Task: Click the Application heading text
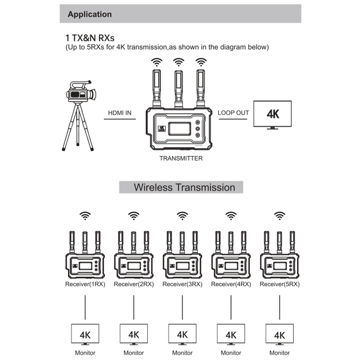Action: [90, 14]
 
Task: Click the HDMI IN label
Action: [120, 113]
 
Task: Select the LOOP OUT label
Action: [233, 113]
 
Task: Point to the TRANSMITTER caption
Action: [181, 159]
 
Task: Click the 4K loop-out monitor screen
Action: [272, 114]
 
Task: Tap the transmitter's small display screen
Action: [180, 129]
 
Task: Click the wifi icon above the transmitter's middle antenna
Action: [179, 62]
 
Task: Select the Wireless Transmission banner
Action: [181, 187]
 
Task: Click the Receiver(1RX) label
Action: [85, 284]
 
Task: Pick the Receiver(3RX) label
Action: [182, 284]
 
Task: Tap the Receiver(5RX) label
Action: [280, 284]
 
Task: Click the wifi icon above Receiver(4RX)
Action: [231, 216]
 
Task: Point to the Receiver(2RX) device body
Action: [134, 266]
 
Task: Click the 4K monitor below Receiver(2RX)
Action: [134, 334]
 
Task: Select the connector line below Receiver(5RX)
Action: [280, 307]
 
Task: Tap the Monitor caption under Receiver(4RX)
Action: [231, 353]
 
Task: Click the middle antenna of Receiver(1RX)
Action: [85, 242]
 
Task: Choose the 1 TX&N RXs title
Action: [90, 38]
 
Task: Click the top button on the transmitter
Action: [197, 123]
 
